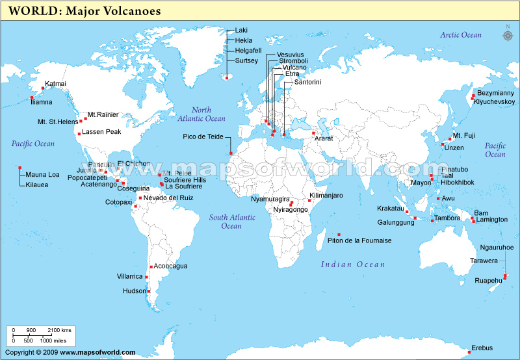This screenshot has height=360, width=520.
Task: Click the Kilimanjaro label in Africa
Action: (x=326, y=196)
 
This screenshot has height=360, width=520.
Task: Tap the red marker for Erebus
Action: (x=469, y=353)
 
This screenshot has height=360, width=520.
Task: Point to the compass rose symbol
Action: (x=507, y=34)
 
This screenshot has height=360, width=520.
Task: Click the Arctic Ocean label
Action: (x=461, y=35)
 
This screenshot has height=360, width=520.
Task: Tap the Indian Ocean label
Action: (x=353, y=264)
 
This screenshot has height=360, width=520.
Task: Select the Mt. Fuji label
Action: (x=464, y=136)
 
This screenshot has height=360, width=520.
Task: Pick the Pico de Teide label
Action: (x=203, y=136)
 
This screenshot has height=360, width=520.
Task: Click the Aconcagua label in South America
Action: (x=170, y=266)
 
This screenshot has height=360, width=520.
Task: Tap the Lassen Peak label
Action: (x=101, y=132)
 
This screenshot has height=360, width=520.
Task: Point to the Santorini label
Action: (x=307, y=83)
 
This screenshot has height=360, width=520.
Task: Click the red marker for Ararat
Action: (x=313, y=133)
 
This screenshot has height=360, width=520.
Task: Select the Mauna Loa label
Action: (x=42, y=175)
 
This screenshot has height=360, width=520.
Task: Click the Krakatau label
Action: (x=390, y=209)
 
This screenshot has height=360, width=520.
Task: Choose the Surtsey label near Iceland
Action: (x=247, y=61)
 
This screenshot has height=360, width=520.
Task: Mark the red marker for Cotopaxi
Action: (x=135, y=207)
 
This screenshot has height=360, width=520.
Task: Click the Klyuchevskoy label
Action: (x=495, y=102)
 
